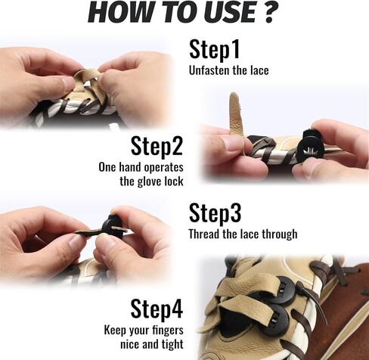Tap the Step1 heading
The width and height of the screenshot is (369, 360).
coord(214,50)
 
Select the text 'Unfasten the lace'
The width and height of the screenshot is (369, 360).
coord(228,70)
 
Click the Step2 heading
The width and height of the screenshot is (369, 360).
coord(157,146)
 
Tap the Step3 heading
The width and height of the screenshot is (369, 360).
coord(215,213)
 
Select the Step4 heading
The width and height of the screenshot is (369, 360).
coord(157,309)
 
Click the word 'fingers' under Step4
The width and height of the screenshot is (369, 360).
coord(168,331)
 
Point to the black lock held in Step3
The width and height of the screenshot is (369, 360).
coord(112,227)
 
